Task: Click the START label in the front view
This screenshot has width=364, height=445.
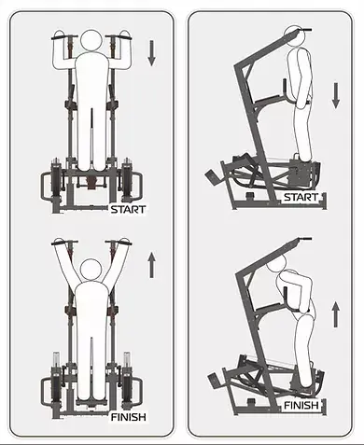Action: pyautogui.click(x=128, y=209)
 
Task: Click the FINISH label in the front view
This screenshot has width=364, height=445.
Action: pyautogui.click(x=129, y=417)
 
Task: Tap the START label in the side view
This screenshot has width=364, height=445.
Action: pyautogui.click(x=301, y=197)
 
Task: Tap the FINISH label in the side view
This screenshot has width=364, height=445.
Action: pyautogui.click(x=301, y=405)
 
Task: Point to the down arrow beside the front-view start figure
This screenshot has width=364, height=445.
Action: pyautogui.click(x=151, y=53)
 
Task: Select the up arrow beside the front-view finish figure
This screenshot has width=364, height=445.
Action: pyautogui.click(x=151, y=265)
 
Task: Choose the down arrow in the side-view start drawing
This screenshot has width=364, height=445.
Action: pyautogui.click(x=336, y=95)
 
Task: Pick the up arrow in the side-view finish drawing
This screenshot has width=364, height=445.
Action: pyautogui.click(x=336, y=314)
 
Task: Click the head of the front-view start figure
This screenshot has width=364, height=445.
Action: pyautogui.click(x=91, y=40)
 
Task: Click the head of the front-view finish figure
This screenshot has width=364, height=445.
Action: pyautogui.click(x=91, y=270)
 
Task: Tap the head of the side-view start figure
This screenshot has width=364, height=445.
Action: pyautogui.click(x=294, y=35)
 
